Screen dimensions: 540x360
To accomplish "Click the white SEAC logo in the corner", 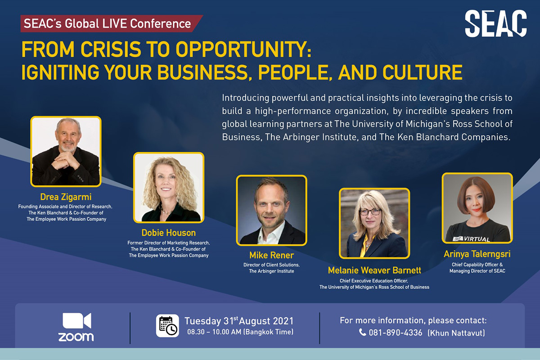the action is click(x=495, y=24).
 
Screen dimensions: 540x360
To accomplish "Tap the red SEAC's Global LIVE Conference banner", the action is click(x=111, y=24).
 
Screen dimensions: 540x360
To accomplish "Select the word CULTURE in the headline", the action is click(x=423, y=72).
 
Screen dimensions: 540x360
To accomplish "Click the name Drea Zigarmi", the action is click(x=66, y=197).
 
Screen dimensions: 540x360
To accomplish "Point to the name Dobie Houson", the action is click(x=168, y=233).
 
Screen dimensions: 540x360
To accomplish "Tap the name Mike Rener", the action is click(x=271, y=255).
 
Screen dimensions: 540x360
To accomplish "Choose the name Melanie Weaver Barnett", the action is click(x=374, y=270).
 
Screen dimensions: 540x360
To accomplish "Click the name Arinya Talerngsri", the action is click(x=477, y=254).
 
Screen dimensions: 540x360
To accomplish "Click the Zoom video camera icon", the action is click(x=77, y=321).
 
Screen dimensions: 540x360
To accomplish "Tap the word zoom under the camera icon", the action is click(x=76, y=337).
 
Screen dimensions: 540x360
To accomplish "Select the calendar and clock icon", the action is click(x=167, y=325).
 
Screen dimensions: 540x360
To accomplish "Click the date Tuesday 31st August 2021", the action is click(x=239, y=321).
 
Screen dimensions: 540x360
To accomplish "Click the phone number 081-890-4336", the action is click(x=396, y=333).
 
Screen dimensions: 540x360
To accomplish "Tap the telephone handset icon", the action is click(x=362, y=332).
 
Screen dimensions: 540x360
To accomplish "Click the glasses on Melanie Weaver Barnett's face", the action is click(x=370, y=212).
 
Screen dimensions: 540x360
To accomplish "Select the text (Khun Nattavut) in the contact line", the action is click(x=456, y=333).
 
